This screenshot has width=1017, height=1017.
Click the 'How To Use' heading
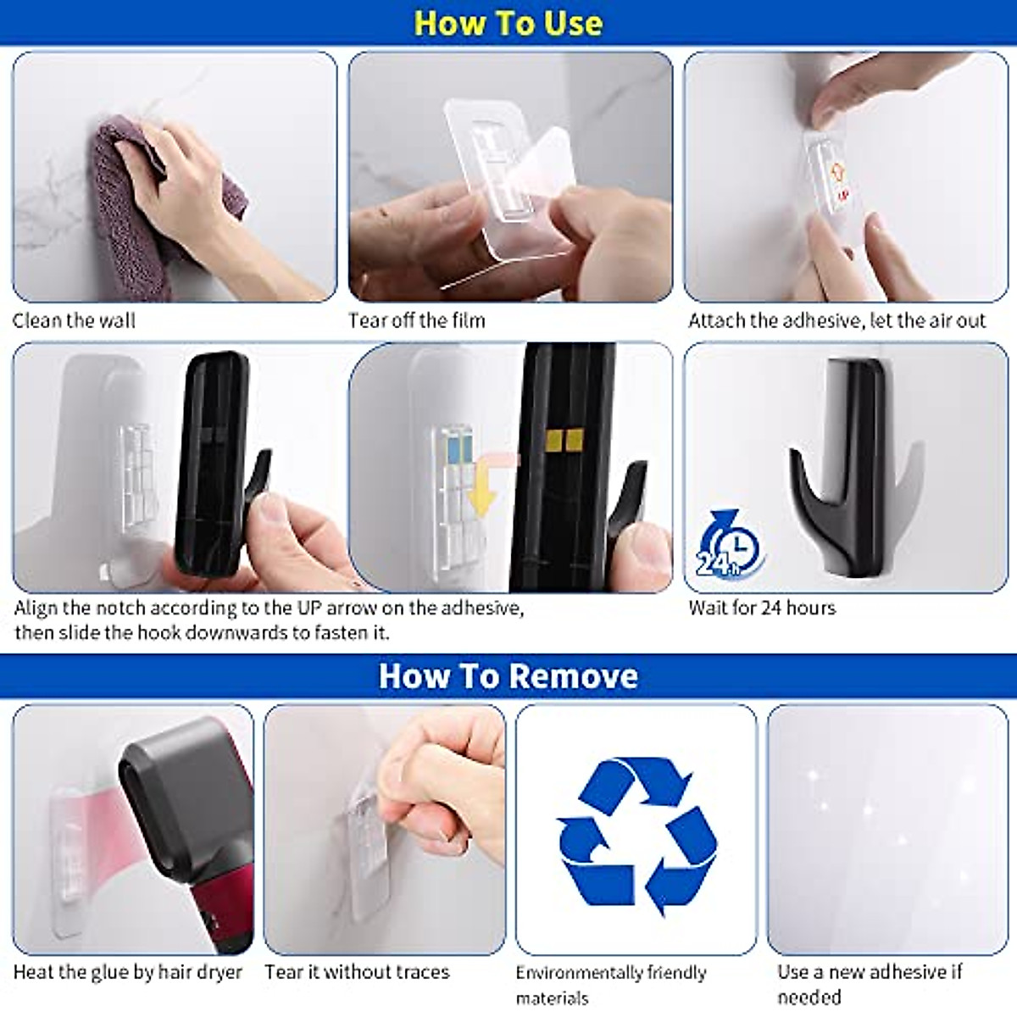click(x=508, y=23)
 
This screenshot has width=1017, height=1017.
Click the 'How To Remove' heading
click(x=508, y=676)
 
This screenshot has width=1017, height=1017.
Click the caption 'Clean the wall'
click(x=74, y=320)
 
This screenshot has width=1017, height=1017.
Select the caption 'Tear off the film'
click(x=416, y=320)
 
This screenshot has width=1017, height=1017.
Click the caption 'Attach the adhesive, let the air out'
click(x=836, y=320)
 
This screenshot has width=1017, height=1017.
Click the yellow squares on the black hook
click(x=564, y=440)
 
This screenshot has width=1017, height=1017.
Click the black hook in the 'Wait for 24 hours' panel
click(x=847, y=475)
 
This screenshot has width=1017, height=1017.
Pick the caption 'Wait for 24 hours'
click(x=761, y=608)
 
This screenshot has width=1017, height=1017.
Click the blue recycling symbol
click(x=636, y=835)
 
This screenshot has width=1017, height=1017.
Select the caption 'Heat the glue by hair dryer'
click(x=128, y=972)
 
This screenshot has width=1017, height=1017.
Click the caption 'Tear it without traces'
click(x=357, y=972)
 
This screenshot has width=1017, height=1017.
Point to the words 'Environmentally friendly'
click(x=611, y=973)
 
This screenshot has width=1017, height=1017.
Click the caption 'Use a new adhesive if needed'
click(x=870, y=983)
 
